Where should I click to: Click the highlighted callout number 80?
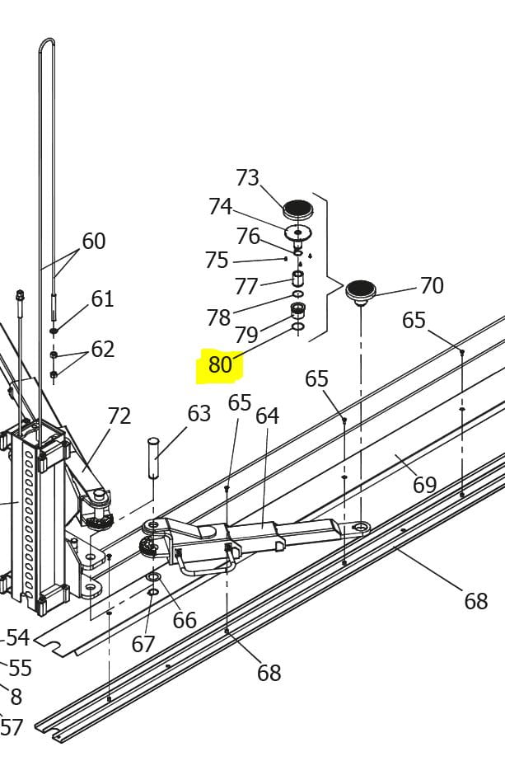pyautogui.click(x=220, y=364)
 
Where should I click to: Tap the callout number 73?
pyautogui.click(x=247, y=177)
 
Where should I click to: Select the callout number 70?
pyautogui.click(x=432, y=285)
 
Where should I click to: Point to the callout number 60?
pyautogui.click(x=94, y=241)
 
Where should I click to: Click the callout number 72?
pyautogui.click(x=119, y=416)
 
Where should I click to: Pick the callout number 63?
pyautogui.click(x=199, y=414)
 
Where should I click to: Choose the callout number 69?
pyautogui.click(x=425, y=484)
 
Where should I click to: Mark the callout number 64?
pyautogui.click(x=267, y=416)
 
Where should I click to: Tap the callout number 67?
pyautogui.click(x=143, y=644)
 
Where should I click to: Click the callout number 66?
pyautogui.click(x=185, y=620)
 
